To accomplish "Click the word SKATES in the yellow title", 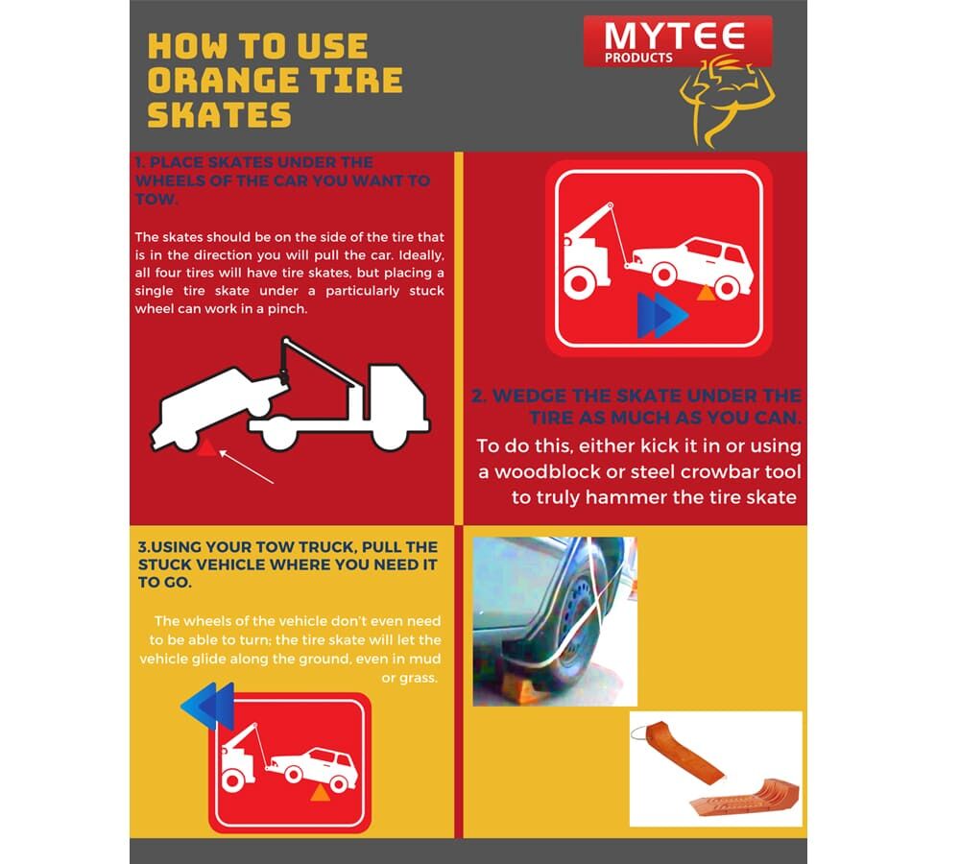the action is click(219, 114).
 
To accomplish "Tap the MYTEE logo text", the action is click(674, 36).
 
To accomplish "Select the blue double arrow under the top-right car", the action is click(662, 315).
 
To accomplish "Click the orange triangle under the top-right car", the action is click(706, 293).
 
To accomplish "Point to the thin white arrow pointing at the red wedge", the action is click(246, 467).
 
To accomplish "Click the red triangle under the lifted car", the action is click(206, 447).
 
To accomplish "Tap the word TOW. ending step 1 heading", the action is click(156, 199).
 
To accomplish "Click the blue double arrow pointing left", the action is click(207, 706).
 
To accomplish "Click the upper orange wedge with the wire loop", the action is click(677, 751).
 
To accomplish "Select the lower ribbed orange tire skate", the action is click(745, 797).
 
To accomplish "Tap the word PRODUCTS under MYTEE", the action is click(638, 59).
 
